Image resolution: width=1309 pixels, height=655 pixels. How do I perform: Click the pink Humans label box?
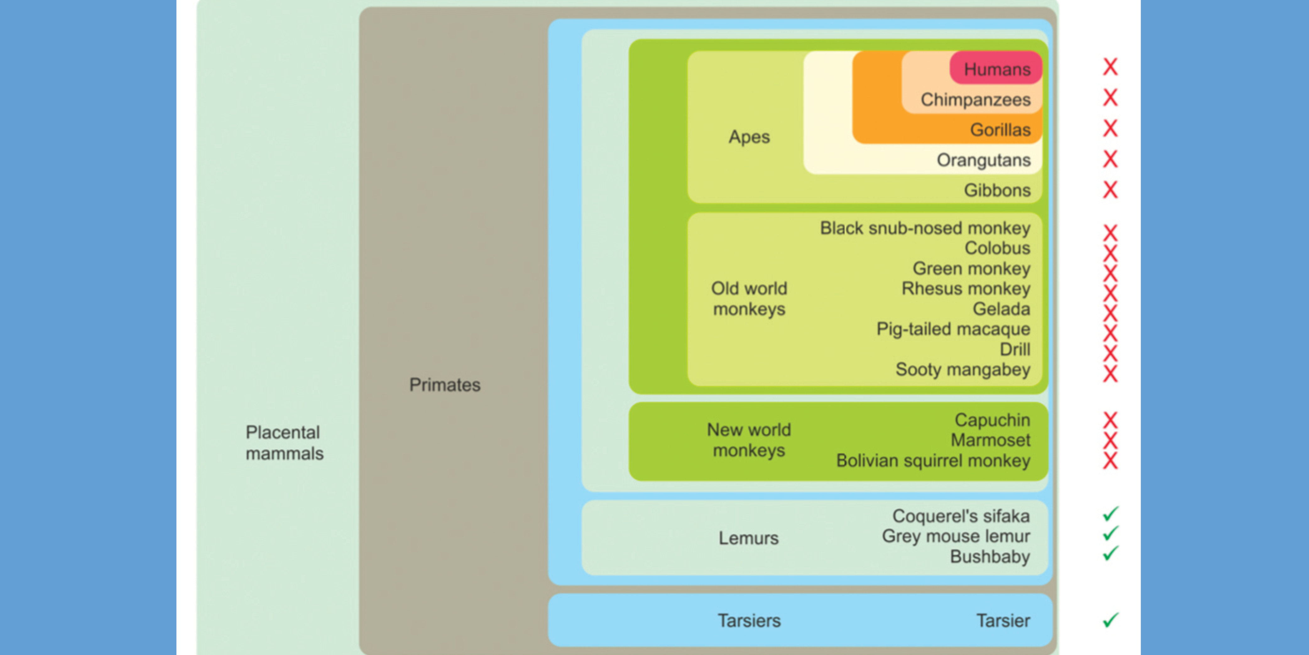[996, 69]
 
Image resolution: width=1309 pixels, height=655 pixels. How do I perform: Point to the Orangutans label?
[983, 160]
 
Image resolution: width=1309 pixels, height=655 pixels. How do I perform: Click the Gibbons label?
[997, 190]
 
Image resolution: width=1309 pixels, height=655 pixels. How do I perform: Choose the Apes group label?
[749, 137]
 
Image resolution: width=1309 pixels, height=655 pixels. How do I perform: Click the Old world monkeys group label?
[749, 298]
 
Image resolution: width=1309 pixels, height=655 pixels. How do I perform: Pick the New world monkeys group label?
[749, 440]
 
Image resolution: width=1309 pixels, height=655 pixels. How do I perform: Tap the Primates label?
[445, 385]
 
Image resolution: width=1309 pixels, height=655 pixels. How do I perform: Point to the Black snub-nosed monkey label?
[925, 228]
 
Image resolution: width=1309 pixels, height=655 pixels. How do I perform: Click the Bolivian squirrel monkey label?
[933, 460]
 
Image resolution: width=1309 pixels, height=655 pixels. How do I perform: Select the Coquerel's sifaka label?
[961, 516]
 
